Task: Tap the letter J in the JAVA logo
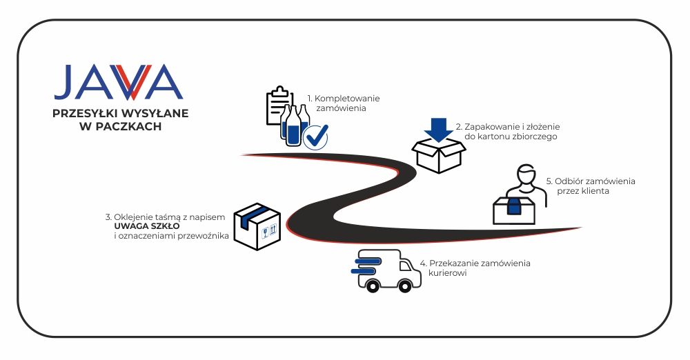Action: click(x=66, y=81)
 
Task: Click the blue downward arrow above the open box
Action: click(x=437, y=129)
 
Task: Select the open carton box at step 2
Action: click(x=438, y=156)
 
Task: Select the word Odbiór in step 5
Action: click(x=571, y=181)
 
